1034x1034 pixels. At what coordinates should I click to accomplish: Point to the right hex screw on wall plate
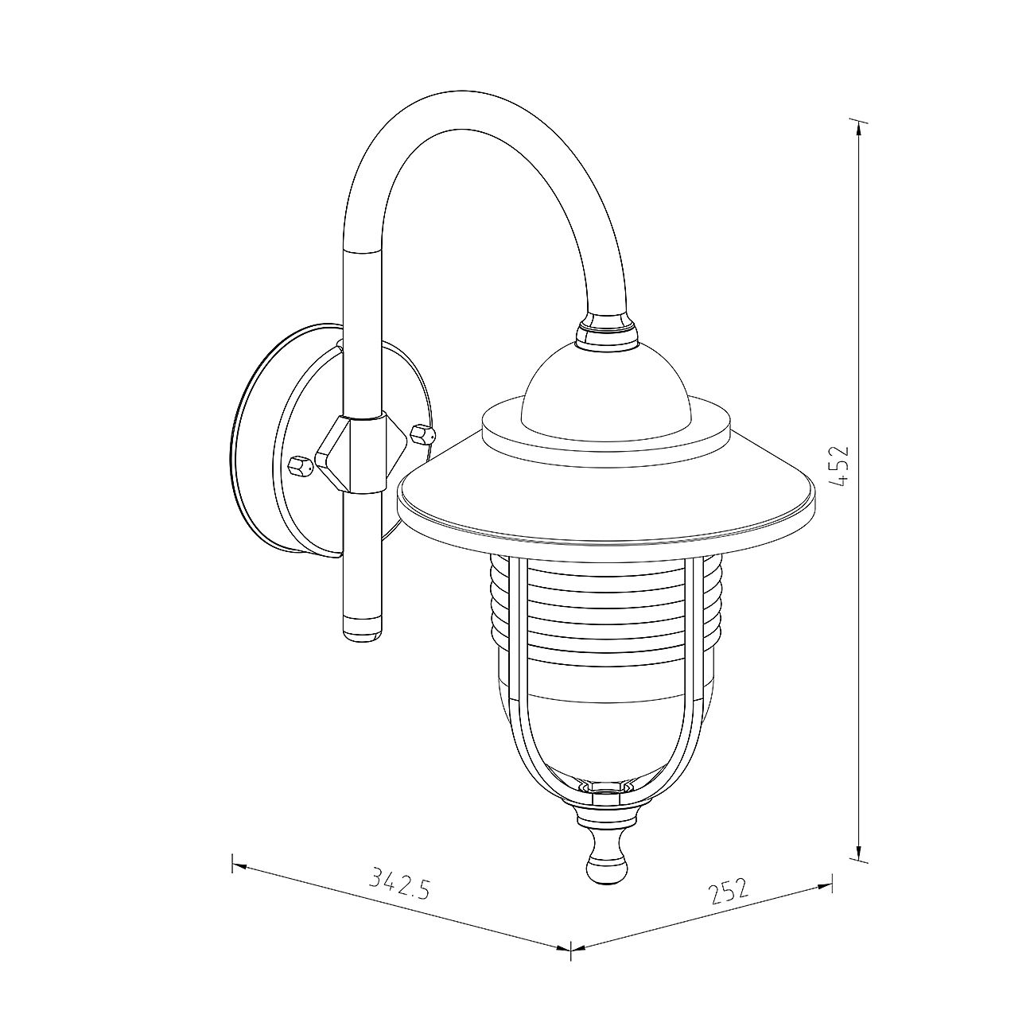pos(422,433)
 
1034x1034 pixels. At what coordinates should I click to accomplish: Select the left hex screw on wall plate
pos(301,466)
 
